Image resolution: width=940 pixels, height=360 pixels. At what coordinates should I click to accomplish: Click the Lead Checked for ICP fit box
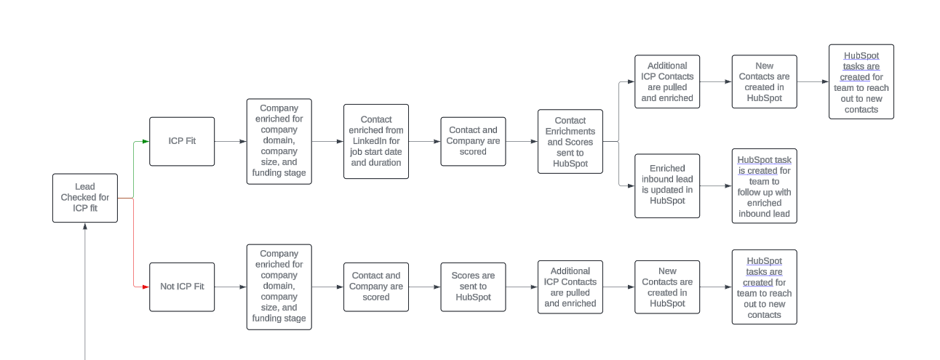point(84,198)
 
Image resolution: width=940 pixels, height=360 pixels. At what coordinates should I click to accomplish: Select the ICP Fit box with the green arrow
point(182,141)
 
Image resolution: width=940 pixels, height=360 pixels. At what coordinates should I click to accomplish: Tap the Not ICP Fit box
point(182,287)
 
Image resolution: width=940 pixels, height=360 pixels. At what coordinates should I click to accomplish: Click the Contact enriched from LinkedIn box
point(376,141)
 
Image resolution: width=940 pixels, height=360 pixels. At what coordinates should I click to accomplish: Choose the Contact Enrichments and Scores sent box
point(570,141)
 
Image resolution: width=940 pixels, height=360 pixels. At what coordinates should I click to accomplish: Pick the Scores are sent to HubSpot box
point(473,287)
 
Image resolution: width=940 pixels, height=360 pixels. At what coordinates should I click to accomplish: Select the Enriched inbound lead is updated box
point(667,185)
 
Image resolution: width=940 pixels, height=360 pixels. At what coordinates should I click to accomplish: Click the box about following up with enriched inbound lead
point(764,185)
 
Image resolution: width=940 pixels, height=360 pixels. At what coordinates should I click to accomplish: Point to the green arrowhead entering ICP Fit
point(146,141)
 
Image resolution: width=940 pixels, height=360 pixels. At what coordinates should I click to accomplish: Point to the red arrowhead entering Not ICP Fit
point(146,287)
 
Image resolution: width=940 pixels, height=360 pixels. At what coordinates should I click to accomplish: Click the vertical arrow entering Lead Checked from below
point(85,291)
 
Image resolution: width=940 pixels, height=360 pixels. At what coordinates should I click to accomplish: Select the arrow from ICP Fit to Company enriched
point(231,141)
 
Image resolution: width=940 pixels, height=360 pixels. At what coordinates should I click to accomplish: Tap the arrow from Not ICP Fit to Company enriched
point(231,287)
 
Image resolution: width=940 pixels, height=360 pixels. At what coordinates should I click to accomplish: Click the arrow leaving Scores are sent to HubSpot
point(522,287)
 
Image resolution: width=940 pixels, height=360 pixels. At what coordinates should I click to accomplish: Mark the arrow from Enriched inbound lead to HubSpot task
point(716,186)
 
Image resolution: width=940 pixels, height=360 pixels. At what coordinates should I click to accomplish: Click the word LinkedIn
point(376,141)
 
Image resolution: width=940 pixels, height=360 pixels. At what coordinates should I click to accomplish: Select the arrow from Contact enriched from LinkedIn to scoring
point(424,141)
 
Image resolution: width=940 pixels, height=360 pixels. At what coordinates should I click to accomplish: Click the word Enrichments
point(570,131)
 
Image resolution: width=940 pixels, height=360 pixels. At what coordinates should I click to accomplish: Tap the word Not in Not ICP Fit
point(168,287)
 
